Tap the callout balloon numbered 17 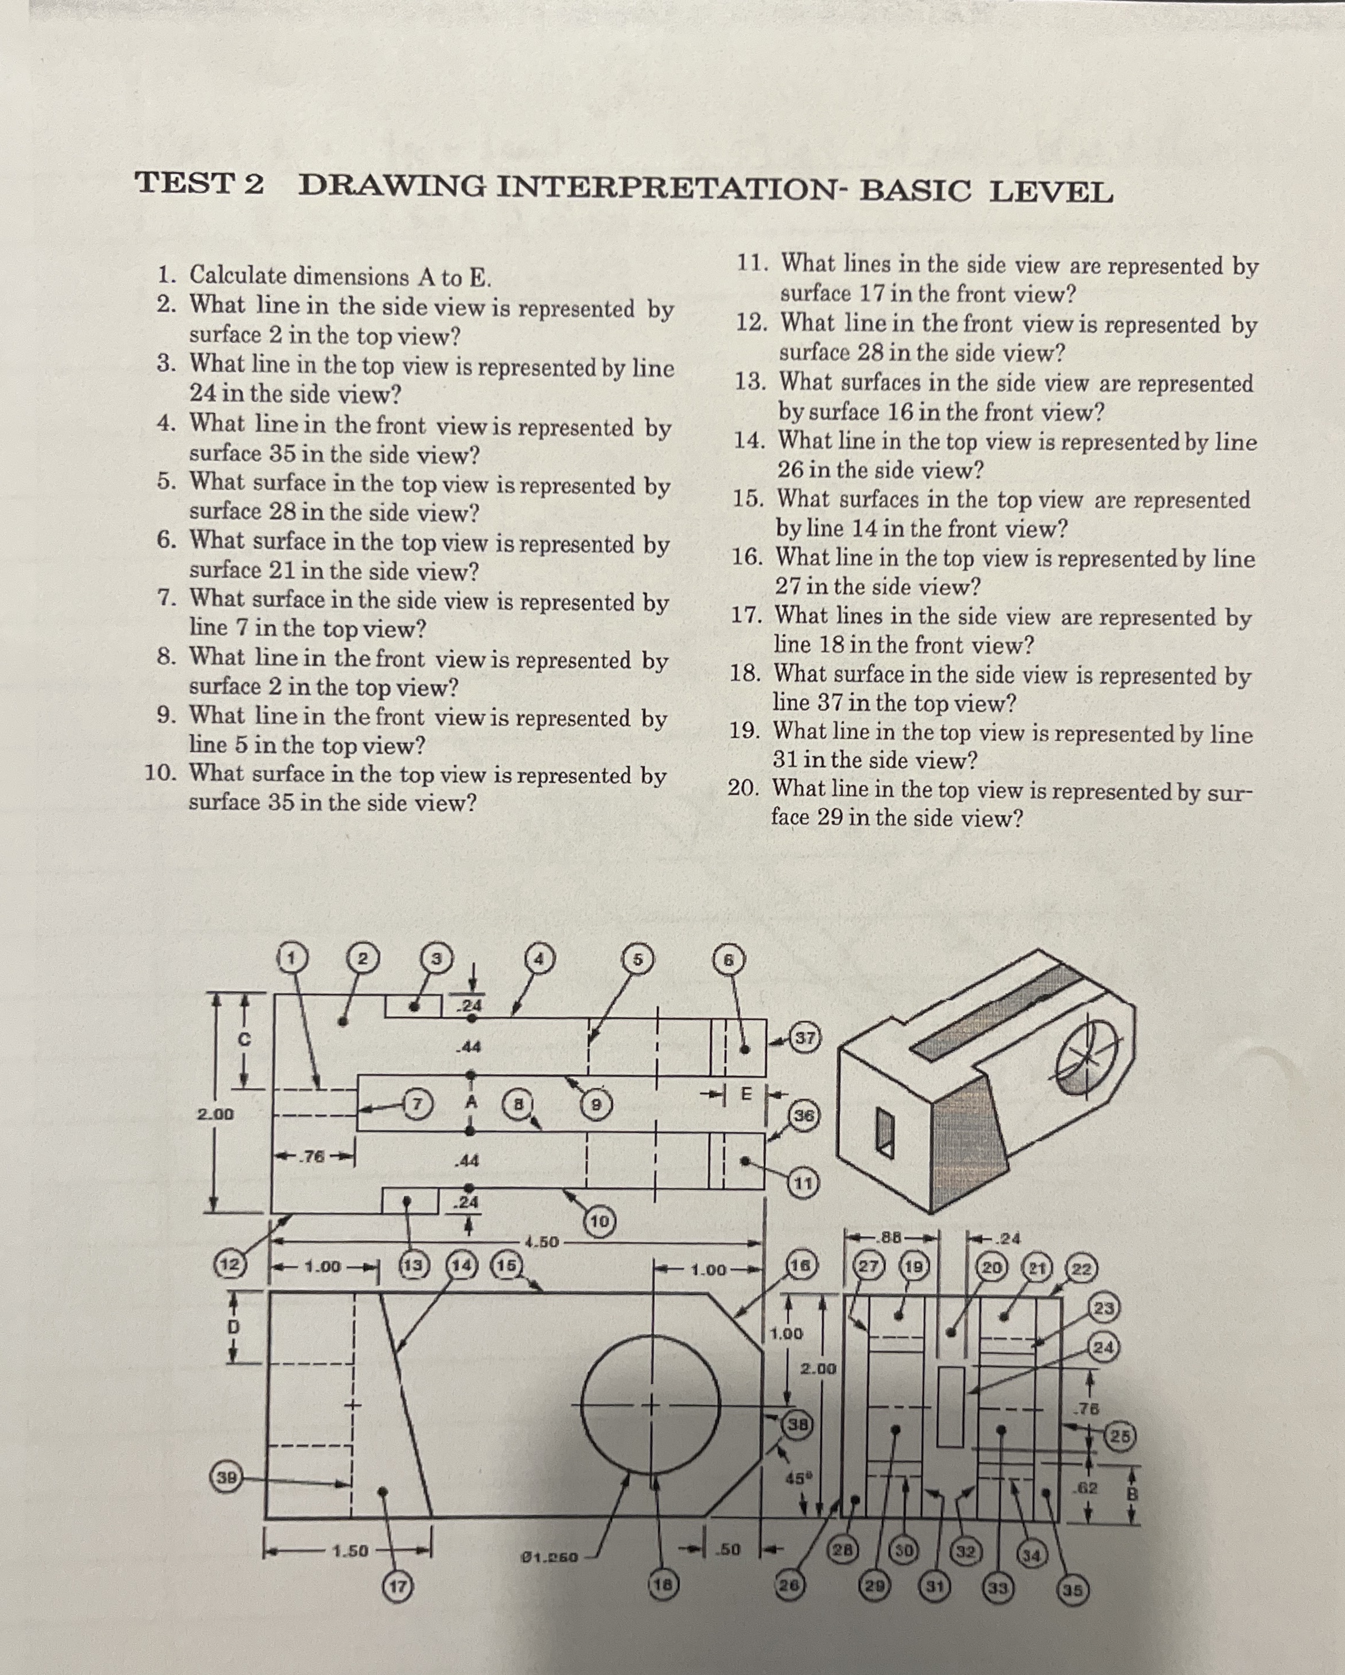click(397, 1587)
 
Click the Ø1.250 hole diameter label click(549, 1558)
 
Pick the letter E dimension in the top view click(746, 1093)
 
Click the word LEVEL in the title click(1050, 191)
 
